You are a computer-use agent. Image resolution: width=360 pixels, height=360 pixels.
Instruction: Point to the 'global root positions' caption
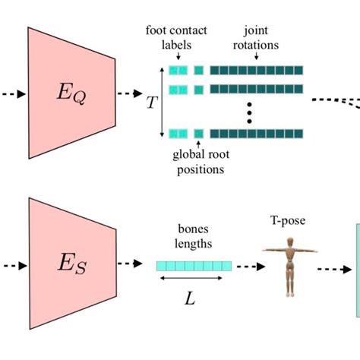[199, 163]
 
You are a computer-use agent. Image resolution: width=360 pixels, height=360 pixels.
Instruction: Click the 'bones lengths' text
[193, 236]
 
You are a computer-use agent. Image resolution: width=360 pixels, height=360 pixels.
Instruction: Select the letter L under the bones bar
[192, 298]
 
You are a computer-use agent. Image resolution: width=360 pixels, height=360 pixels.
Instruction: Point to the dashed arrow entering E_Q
[13, 94]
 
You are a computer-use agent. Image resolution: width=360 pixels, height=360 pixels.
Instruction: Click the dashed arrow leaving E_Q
[131, 94]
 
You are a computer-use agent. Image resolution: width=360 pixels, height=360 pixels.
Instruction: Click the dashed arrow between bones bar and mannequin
[248, 266]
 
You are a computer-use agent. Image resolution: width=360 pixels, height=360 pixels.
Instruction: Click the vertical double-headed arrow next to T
[162, 101]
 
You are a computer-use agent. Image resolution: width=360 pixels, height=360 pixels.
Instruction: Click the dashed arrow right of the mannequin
[332, 269]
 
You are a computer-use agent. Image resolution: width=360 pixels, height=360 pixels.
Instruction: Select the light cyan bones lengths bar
[193, 265]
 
